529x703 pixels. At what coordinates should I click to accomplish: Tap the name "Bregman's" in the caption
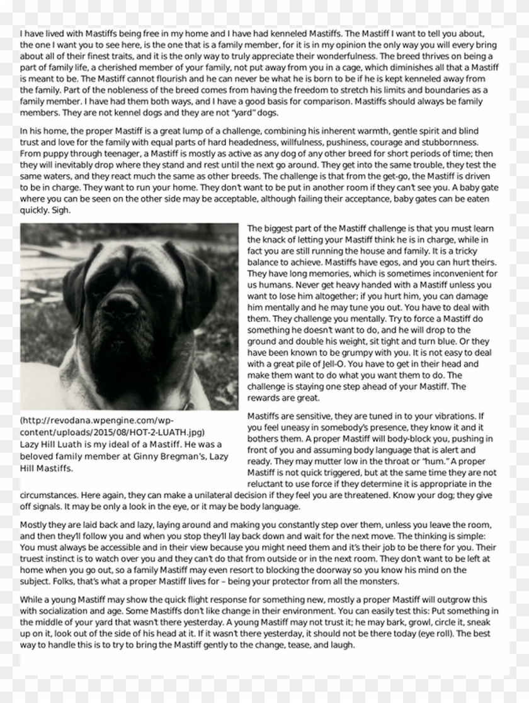pos(157,456)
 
